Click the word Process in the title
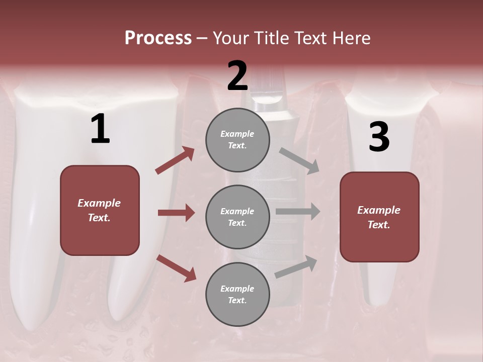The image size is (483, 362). [158, 38]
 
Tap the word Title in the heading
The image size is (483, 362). [272, 38]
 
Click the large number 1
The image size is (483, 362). [100, 129]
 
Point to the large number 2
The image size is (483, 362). [237, 75]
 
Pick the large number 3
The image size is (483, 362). [379, 137]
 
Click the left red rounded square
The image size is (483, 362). [100, 210]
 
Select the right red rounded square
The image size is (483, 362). [379, 217]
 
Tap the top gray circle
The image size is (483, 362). [237, 140]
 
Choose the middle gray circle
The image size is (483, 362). [237, 217]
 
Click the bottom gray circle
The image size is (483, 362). [237, 294]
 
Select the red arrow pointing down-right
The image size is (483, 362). [176, 268]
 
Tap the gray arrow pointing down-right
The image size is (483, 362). [299, 160]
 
